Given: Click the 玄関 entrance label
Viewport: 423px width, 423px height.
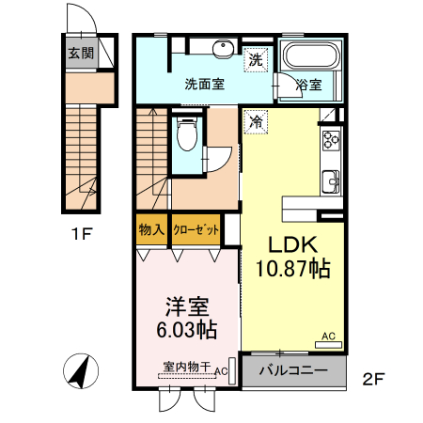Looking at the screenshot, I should (79, 53).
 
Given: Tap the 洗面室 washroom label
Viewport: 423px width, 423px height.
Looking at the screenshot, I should (204, 84).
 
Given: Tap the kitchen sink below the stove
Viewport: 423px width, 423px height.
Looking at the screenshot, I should (331, 181).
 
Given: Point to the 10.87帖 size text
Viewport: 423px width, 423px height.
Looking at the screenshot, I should (291, 270).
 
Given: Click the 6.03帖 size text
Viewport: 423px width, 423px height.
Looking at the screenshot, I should (186, 330).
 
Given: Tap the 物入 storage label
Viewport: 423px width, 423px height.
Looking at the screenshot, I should (151, 229).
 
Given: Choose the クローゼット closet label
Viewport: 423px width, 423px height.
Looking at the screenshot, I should (196, 229).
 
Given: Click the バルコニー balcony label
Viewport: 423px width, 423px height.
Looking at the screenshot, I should (293, 370).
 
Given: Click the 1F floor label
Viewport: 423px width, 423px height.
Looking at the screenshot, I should (82, 235).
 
